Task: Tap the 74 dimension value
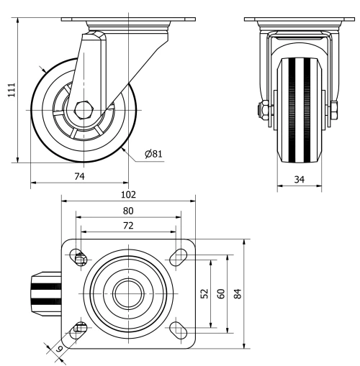80,175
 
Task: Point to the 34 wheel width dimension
300,179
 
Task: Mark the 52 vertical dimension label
204,293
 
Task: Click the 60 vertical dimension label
221,293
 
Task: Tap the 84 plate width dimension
238,293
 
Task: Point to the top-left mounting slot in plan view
78,257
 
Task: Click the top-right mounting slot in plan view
176,257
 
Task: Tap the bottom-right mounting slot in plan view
176,329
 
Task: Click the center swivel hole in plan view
127,293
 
